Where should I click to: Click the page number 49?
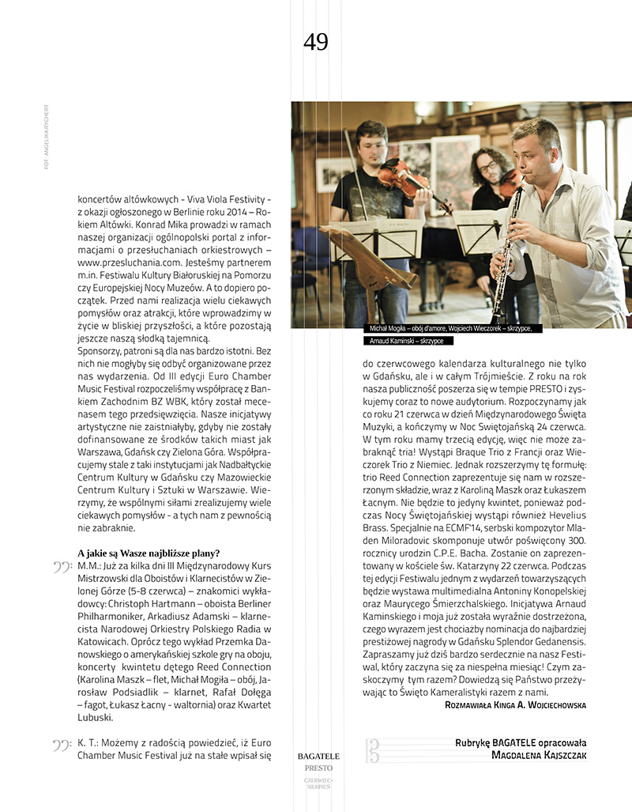(x=315, y=42)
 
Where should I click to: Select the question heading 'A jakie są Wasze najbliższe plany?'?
(x=149, y=553)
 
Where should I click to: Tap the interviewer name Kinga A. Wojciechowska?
(x=537, y=704)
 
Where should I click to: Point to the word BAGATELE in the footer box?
(x=318, y=756)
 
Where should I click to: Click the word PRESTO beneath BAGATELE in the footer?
(x=318, y=768)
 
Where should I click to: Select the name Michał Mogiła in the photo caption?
(x=392, y=327)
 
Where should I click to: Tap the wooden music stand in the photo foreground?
(x=372, y=261)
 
